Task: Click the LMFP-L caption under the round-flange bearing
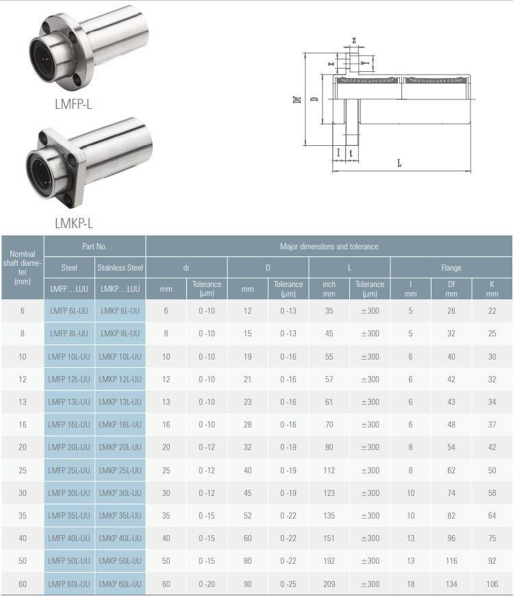pos(73,104)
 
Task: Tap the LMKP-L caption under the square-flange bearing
pos(74,223)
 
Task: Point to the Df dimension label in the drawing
pos(297,99)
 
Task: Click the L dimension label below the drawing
pos(399,163)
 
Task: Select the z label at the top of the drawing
pos(354,40)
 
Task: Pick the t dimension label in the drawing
pos(351,153)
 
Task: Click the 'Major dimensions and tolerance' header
pos(329,247)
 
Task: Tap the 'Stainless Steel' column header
pos(120,268)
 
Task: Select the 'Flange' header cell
pos(451,268)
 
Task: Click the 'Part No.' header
pos(95,247)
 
